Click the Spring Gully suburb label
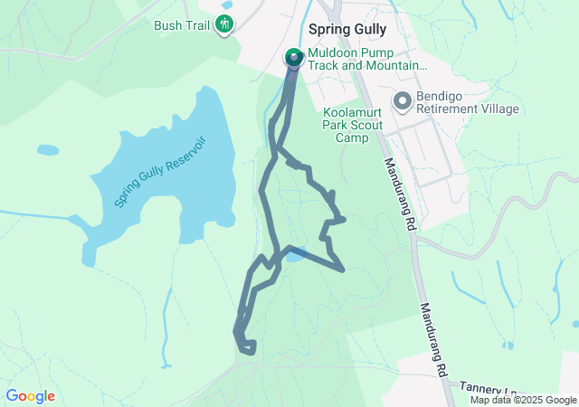[347, 29]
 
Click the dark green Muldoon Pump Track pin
[294, 58]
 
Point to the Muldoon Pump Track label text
[365, 60]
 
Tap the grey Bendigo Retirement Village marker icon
[402, 100]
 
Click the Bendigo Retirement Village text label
[467, 101]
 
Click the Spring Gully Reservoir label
[161, 172]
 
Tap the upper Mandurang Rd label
[398, 193]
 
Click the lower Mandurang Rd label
[432, 339]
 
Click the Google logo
[30, 396]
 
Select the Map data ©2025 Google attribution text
[523, 400]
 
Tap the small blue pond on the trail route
[296, 255]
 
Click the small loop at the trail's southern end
[246, 345]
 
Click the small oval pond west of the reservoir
[48, 149]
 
